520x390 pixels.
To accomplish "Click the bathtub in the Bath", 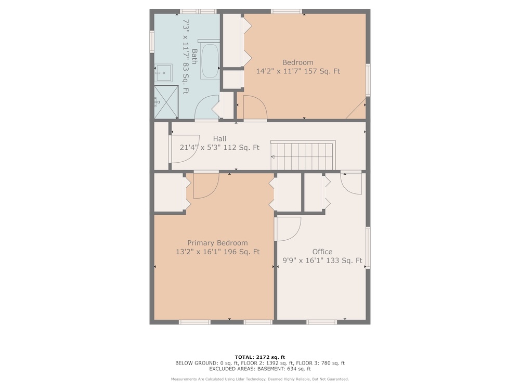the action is click(x=210, y=59).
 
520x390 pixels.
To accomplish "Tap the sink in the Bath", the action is click(x=163, y=73).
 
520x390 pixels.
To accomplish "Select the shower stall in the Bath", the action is click(x=166, y=102).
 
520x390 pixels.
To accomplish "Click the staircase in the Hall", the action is click(x=303, y=155).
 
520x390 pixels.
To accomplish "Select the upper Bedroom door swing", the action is click(x=255, y=108).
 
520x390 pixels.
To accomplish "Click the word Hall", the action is click(x=219, y=139).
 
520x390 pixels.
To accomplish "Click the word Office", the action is click(x=322, y=252).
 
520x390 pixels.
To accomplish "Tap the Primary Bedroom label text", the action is click(x=217, y=243).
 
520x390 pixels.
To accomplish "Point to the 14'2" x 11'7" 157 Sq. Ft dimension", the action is click(x=298, y=71).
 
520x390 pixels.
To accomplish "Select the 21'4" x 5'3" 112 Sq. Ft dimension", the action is click(x=219, y=148).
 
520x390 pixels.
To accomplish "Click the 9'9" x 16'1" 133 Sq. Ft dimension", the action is click(x=322, y=261).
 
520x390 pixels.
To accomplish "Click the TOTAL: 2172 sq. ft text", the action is click(x=260, y=357).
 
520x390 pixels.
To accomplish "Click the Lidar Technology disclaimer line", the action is click(x=260, y=379).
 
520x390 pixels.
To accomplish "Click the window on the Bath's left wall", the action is click(x=152, y=42).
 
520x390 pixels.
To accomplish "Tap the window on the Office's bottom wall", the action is click(x=322, y=322).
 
